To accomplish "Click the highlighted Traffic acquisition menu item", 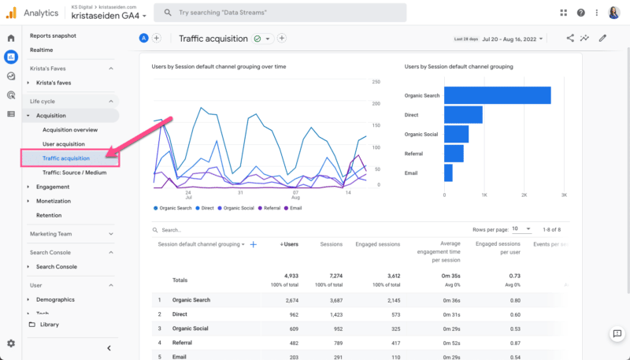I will click(x=66, y=158).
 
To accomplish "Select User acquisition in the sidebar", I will click(x=63, y=144).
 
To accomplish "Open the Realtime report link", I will click(x=41, y=50).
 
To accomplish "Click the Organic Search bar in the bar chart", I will click(x=497, y=95).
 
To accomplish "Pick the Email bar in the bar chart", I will click(x=448, y=173).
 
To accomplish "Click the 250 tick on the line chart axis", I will click(x=376, y=82).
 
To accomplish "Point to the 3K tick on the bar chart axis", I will click(x=564, y=195).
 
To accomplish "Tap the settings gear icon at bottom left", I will click(x=11, y=343).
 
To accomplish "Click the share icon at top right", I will click(x=570, y=38).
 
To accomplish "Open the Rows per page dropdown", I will click(x=521, y=229).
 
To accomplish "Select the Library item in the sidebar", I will click(x=49, y=325).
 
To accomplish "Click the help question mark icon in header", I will click(x=581, y=13).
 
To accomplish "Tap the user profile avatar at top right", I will click(x=614, y=13).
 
